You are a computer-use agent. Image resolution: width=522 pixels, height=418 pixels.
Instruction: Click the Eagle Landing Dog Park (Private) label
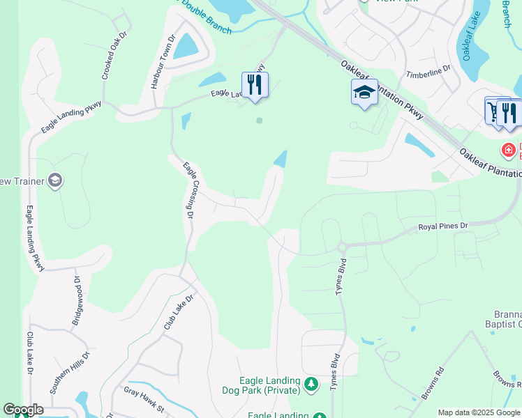click(x=269, y=385)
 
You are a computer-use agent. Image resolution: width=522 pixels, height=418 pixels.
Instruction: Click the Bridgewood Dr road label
click(x=77, y=300)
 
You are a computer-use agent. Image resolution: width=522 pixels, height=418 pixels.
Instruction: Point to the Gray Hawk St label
click(x=144, y=399)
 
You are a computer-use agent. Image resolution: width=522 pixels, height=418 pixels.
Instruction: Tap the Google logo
click(x=23, y=410)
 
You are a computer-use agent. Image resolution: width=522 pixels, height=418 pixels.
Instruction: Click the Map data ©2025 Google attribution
click(x=478, y=412)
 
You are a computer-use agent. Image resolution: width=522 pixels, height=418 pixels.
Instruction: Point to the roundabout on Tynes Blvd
click(x=342, y=247)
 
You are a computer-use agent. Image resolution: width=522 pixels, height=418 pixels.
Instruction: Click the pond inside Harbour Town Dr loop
click(x=186, y=47)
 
